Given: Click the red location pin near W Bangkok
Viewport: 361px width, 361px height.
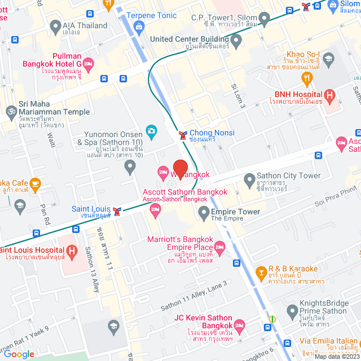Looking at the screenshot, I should click(x=180, y=168).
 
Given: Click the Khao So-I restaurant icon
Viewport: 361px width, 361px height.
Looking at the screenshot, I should click(x=307, y=77).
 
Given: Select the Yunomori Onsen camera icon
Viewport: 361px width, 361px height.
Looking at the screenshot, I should click(x=151, y=131).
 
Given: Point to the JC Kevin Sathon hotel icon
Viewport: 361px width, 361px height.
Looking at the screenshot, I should click(x=239, y=325).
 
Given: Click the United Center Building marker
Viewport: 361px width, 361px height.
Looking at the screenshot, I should click(x=236, y=40).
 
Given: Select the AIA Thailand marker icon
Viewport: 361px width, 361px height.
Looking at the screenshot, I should click(x=55, y=25).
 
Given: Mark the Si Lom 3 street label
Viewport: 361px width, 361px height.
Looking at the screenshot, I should click(x=238, y=96).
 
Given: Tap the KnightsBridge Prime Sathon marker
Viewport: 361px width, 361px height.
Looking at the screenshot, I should click(x=292, y=310).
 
